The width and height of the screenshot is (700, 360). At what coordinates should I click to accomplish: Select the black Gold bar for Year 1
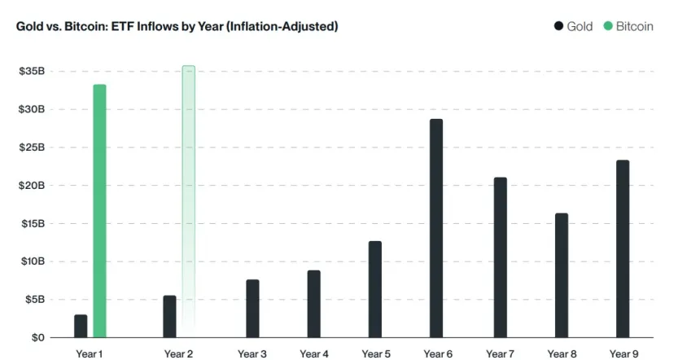click(81, 326)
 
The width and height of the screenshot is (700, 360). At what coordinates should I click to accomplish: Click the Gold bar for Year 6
click(436, 228)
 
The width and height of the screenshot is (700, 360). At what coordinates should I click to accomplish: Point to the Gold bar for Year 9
click(623, 248)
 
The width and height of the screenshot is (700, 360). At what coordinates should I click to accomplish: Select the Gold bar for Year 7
click(500, 257)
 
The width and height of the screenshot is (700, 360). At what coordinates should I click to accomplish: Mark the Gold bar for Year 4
click(313, 304)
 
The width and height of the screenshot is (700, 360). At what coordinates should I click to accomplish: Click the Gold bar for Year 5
click(374, 289)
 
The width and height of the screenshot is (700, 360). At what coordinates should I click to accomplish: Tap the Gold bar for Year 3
click(252, 308)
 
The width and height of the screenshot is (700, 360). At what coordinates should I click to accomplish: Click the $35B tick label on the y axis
click(32, 72)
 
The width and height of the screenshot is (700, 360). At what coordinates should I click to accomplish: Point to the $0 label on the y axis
click(37, 337)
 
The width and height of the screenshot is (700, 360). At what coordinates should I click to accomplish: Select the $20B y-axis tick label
click(32, 185)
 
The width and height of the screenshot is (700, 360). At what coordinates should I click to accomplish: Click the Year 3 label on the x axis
click(252, 353)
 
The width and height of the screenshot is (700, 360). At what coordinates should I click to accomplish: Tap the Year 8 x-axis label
click(562, 353)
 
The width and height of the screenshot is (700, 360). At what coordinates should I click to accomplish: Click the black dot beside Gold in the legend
click(558, 26)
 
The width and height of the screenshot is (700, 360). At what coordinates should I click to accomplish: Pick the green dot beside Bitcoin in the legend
click(607, 26)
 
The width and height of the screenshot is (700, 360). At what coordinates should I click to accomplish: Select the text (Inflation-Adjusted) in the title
click(282, 26)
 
